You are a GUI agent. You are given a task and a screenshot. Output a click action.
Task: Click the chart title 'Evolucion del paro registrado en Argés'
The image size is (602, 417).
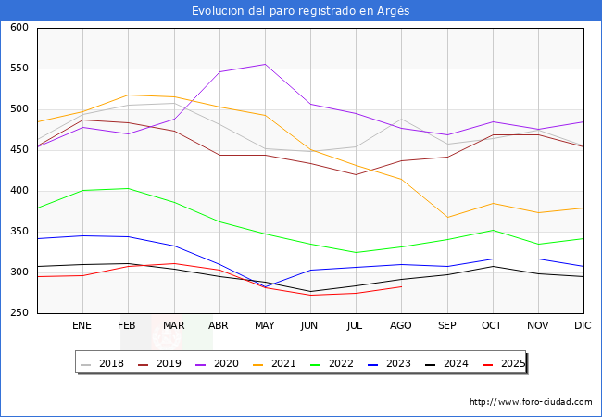coord(300,10)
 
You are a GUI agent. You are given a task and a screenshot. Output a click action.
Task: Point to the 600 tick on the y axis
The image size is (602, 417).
coord(19,28)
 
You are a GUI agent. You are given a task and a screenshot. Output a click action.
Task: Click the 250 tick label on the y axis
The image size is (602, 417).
coord(19,313)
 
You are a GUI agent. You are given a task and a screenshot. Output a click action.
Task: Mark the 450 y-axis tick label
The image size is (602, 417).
coord(19,150)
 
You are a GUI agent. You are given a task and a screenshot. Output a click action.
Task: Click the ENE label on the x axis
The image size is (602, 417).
coord(82,326)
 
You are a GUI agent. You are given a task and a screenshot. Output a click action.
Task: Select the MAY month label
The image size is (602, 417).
coord(265,326)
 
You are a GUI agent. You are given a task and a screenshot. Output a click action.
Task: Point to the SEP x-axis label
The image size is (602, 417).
coord(447,326)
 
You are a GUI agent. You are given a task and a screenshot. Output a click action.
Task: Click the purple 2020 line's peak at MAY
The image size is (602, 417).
coord(265,64)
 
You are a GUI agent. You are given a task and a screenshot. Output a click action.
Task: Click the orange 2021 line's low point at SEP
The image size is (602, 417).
coord(447,218)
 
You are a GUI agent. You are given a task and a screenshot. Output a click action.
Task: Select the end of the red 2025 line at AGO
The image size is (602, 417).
coord(401,286)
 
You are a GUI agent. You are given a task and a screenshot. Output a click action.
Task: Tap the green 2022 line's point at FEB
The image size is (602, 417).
coord(128,188)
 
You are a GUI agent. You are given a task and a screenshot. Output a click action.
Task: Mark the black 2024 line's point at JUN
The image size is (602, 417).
coord(310,291)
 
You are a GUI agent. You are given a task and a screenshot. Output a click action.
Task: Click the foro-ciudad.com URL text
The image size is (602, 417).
coord(531,402)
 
